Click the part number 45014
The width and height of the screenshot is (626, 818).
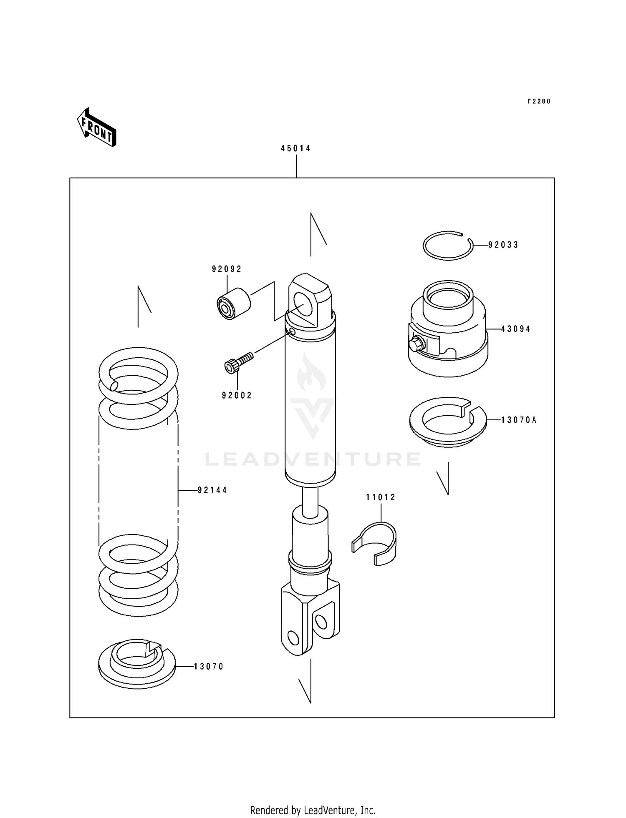tap(295, 148)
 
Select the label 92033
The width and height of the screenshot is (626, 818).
tap(503, 245)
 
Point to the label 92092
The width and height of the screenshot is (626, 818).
tap(227, 269)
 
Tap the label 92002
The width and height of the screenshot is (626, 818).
tap(237, 396)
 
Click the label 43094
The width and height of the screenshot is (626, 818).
tap(516, 329)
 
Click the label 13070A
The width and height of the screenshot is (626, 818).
tap(519, 420)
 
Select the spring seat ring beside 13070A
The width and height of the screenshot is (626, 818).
tap(448, 422)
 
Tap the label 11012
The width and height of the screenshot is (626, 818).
tap(381, 497)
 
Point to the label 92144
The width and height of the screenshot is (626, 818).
tap(212, 490)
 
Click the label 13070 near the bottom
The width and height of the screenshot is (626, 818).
tap(209, 667)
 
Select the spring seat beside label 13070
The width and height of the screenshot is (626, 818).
tap(137, 665)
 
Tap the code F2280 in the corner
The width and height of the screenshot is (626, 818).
tap(539, 101)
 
